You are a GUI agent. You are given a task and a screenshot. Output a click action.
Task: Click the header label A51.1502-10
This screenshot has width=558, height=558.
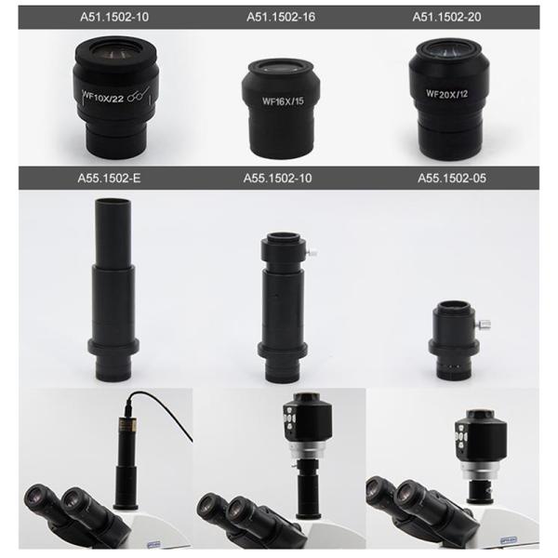point(114,17)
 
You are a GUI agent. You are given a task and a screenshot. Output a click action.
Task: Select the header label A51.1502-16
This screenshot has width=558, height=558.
point(281,17)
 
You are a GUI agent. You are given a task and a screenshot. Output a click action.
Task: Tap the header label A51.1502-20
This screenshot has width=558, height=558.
point(446,17)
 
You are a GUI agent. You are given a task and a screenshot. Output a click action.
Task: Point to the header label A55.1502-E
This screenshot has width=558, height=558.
point(109,178)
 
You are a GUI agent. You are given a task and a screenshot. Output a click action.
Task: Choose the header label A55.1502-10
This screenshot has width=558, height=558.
point(277,178)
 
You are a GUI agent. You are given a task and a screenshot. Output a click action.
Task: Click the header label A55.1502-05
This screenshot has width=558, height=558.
point(452,178)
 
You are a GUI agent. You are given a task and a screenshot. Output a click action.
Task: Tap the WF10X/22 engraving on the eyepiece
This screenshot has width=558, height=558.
point(103,97)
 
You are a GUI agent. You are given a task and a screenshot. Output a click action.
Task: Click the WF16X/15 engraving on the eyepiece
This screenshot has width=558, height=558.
point(283,101)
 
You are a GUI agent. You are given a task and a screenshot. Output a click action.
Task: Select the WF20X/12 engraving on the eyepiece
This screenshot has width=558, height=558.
point(447,94)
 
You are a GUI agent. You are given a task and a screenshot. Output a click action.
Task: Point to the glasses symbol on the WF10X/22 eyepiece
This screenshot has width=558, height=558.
point(138,95)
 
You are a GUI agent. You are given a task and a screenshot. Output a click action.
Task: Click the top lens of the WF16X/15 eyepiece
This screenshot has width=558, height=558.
point(281,67)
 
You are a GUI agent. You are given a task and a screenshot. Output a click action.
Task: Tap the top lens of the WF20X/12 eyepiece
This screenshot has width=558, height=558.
point(447,49)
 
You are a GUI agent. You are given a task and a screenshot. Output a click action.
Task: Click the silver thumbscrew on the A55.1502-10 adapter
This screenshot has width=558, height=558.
point(312,253)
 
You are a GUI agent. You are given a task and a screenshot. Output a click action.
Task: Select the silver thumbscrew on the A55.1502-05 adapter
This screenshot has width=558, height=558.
point(485,325)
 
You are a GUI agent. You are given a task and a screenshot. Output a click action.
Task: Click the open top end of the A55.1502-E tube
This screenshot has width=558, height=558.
point(113,203)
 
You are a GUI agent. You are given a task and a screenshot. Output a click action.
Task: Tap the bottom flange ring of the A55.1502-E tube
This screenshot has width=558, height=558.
point(113,347)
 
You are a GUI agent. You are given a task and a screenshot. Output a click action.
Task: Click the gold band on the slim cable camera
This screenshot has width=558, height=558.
point(127,425)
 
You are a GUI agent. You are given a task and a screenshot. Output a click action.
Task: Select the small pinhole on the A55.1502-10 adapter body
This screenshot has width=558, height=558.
point(277,295)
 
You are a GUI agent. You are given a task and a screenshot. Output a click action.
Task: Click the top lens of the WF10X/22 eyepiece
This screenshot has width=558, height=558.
point(114,52)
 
